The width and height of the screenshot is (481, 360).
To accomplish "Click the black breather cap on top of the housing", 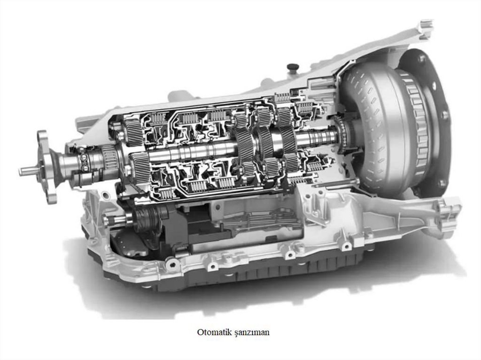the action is point(292,67).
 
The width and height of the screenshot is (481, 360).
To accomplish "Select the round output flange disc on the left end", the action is point(46,168).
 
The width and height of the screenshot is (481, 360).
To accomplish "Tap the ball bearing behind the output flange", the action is point(83,161).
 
